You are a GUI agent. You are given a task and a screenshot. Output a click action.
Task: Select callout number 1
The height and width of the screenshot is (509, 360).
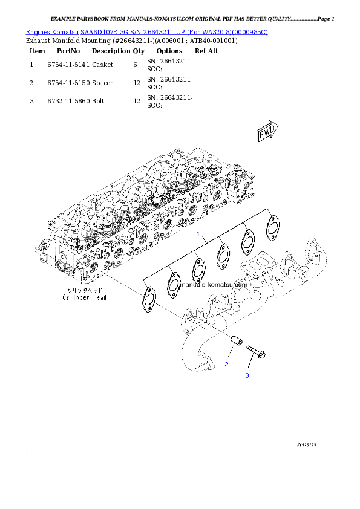[x=197, y=233]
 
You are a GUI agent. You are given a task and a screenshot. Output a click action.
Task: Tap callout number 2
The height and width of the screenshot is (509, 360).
[x=227, y=364]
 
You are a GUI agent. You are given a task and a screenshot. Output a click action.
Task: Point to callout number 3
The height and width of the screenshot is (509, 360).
[x=247, y=375]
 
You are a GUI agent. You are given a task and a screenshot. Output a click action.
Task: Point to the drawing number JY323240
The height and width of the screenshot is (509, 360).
[x=307, y=444]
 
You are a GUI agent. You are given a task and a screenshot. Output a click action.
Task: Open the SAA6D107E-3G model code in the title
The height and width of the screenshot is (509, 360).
[x=103, y=31]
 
